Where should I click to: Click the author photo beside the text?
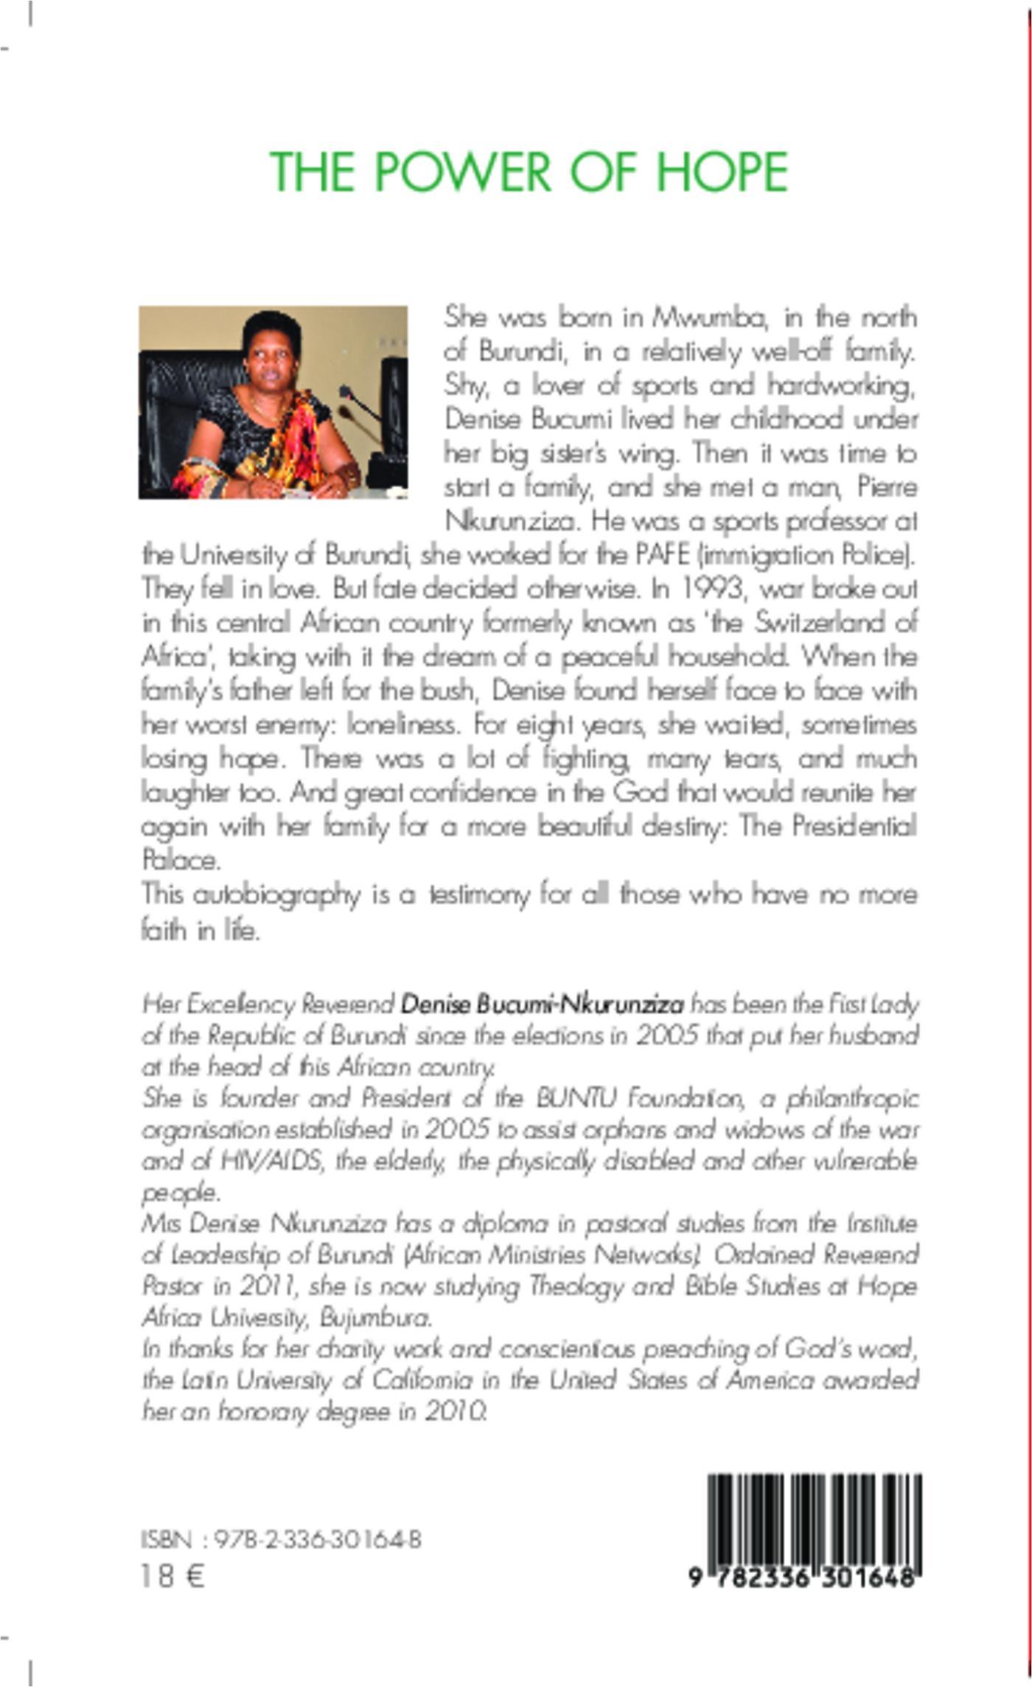pyautogui.click(x=273, y=402)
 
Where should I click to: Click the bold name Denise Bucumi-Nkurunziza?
pyautogui.click(x=542, y=1004)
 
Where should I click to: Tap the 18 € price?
pyautogui.click(x=172, y=1576)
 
